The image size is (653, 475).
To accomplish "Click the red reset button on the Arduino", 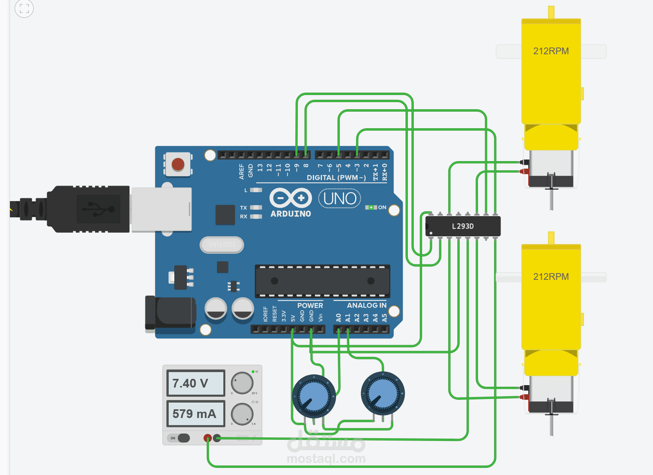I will coord(178,164).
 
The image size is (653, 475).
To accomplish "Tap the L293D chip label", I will coord(463,226).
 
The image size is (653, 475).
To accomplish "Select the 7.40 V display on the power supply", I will coord(196,383).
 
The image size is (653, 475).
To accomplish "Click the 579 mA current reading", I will coord(196,414).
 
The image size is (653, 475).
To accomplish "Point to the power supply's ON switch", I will coord(183,438).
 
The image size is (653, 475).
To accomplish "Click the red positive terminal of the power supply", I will coord(208,438).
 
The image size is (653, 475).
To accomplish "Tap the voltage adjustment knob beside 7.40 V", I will coord(242,383).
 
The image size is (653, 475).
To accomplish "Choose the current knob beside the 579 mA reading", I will coord(242,414).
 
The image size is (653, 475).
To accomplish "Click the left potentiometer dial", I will coord(314,396).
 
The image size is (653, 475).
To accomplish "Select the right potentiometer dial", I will coord(383,393).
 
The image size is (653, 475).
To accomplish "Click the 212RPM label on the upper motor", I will coord(551,51).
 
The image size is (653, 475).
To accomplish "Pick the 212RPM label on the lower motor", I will coord(551,277).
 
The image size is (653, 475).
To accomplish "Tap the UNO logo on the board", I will coord(340,199).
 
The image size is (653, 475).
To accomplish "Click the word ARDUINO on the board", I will coord(291,214).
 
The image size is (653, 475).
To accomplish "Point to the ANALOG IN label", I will coord(366,306).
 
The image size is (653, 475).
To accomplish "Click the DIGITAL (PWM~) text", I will coord(336,178).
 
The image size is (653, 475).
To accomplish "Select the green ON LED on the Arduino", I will coord(371,207).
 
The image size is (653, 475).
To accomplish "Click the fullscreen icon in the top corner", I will coord(24,8).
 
